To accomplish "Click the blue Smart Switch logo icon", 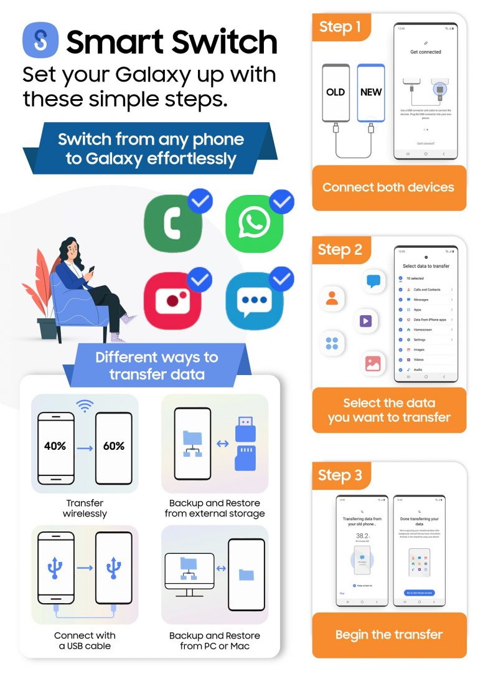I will click(x=40, y=40).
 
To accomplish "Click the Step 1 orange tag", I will click(x=340, y=27).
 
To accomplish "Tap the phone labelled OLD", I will click(x=335, y=93).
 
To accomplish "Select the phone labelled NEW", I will click(x=371, y=93).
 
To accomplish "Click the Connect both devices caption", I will click(x=388, y=188).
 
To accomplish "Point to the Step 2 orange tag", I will click(x=340, y=250).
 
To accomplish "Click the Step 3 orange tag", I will click(x=340, y=475).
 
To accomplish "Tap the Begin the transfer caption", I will click(x=388, y=635).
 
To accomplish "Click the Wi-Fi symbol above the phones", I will click(x=85, y=406).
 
